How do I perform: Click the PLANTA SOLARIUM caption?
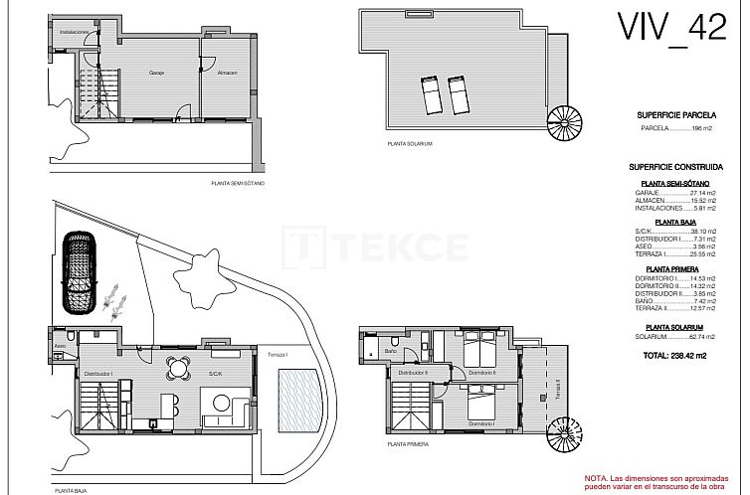tap(411, 144)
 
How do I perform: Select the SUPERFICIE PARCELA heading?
tap(673, 115)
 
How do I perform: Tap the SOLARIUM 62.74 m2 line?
tap(673, 337)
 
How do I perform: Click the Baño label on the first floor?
tap(391, 352)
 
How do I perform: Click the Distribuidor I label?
tap(98, 374)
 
